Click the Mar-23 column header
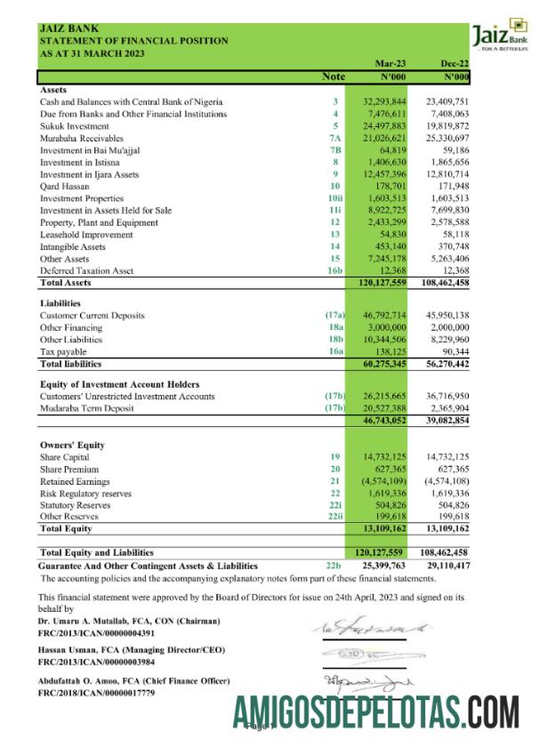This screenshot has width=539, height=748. [x=392, y=65]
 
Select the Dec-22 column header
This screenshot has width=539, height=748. [x=454, y=65]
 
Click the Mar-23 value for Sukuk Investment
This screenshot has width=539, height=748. [x=385, y=125]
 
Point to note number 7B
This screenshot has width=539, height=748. [x=335, y=149]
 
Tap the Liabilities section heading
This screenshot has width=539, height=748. [x=61, y=303]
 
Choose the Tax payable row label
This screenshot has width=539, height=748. [x=63, y=352]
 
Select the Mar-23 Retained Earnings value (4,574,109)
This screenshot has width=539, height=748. [x=384, y=480]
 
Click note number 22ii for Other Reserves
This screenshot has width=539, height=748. [x=334, y=517]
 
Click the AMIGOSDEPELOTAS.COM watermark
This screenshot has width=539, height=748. [x=376, y=713]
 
